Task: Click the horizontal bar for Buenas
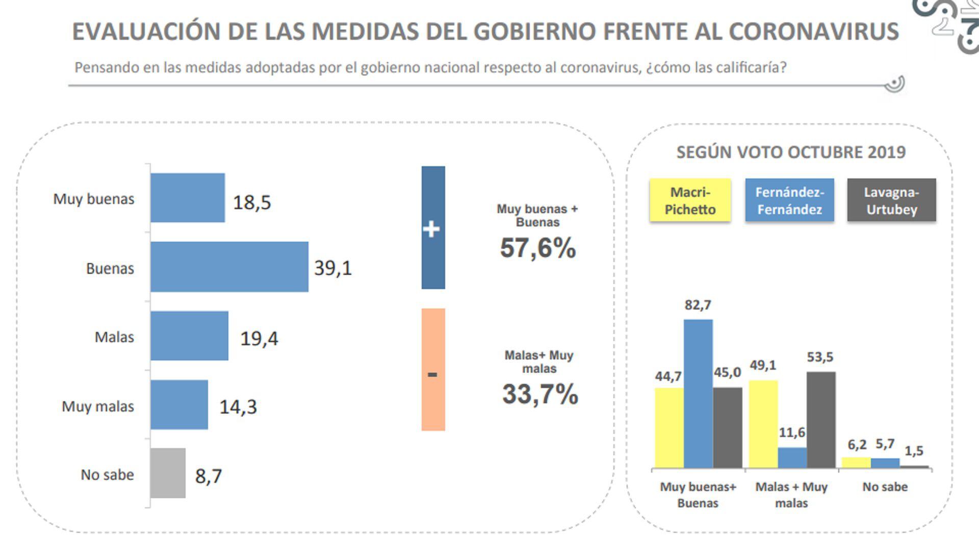[229, 267]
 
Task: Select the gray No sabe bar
[168, 473]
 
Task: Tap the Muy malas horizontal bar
[179, 405]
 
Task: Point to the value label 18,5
[252, 202]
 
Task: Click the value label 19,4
[259, 339]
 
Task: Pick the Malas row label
[114, 337]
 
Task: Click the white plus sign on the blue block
[431, 229]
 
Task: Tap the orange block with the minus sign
[433, 370]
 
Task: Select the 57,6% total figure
[538, 248]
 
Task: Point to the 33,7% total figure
[540, 394]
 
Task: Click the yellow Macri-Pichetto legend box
[690, 200]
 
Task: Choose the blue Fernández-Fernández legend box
[789, 200]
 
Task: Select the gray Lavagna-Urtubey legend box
[891, 200]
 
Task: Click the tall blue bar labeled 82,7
[698, 394]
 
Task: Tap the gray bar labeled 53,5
[821, 420]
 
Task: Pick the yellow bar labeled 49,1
[763, 424]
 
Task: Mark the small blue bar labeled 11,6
[792, 458]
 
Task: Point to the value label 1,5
[914, 451]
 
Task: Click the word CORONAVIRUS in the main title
[813, 32]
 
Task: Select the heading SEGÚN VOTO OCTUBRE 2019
[791, 152]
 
